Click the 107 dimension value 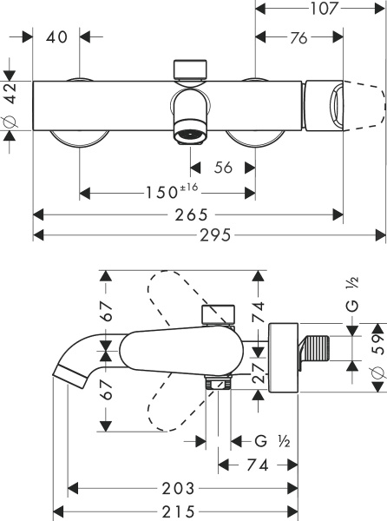click(x=320, y=10)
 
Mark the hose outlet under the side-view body click(x=219, y=381)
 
